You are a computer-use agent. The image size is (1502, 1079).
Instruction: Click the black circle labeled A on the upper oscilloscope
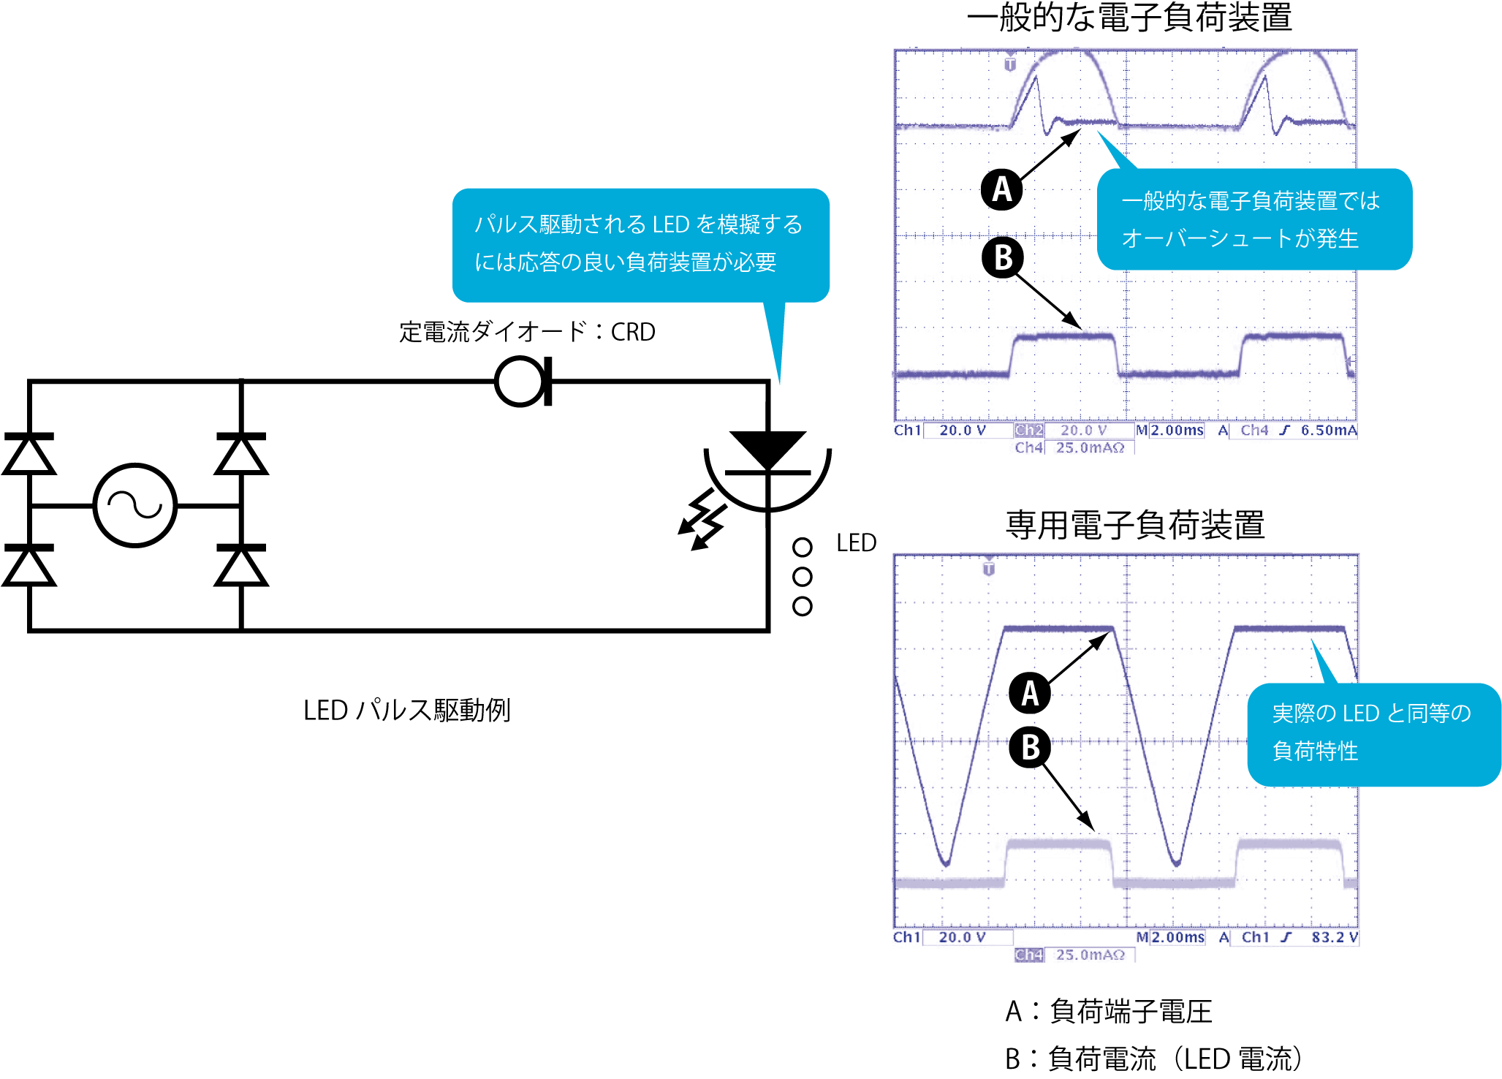point(1001,189)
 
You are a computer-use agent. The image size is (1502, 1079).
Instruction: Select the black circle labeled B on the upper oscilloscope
point(1004,257)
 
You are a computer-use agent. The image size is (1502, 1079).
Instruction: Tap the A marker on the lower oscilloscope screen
point(1029,692)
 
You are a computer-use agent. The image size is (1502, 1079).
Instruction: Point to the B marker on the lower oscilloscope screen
point(1030,747)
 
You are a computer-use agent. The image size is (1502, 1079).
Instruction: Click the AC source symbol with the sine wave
point(135,505)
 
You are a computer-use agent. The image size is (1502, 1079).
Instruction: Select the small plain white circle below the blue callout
point(520,382)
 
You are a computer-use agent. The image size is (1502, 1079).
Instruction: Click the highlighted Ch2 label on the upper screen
point(1028,431)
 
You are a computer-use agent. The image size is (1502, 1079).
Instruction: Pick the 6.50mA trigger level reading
point(1329,431)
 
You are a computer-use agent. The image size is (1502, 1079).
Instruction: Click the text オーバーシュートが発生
point(1240,238)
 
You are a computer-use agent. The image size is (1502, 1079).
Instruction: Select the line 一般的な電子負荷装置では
point(1251,200)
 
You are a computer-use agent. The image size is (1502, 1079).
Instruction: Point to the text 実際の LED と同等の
point(1371,713)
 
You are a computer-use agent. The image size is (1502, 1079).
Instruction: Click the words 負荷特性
point(1315,751)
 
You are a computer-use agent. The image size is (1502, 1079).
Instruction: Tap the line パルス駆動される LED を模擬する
point(638,224)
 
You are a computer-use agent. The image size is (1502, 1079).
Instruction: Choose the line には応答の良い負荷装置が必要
point(625,262)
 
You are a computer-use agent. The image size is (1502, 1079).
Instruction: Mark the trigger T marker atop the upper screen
point(1010,64)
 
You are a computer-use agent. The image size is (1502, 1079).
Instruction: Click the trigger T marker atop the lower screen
point(989,568)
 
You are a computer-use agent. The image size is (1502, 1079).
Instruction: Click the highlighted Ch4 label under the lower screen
point(1028,955)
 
